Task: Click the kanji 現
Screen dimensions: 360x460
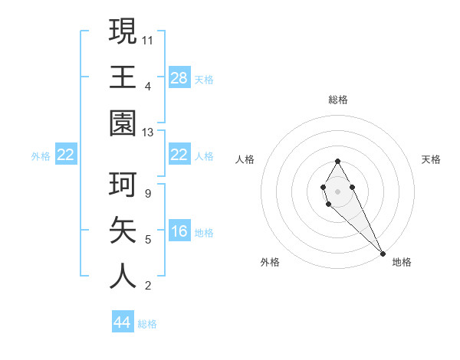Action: (123, 33)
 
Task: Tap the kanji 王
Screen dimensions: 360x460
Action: (123, 78)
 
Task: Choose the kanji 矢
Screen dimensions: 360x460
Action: (123, 231)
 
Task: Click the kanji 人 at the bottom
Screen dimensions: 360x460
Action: (123, 277)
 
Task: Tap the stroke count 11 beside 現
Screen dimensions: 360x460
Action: (148, 39)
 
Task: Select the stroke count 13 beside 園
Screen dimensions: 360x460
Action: (148, 133)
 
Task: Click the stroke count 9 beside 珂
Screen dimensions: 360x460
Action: (147, 194)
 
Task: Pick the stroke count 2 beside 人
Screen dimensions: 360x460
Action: (147, 286)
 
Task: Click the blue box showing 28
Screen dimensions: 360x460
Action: (179, 77)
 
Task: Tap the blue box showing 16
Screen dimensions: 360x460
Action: (179, 231)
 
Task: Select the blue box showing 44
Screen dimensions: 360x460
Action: (123, 322)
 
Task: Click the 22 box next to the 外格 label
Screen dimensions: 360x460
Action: (66, 155)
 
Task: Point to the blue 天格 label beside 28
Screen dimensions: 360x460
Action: (204, 79)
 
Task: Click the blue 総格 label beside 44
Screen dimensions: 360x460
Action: (147, 324)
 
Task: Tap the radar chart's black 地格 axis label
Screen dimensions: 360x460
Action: (402, 262)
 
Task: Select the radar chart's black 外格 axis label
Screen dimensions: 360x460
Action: (270, 262)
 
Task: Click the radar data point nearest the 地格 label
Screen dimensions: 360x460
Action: (382, 254)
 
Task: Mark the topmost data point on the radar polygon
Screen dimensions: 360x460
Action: (337, 162)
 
